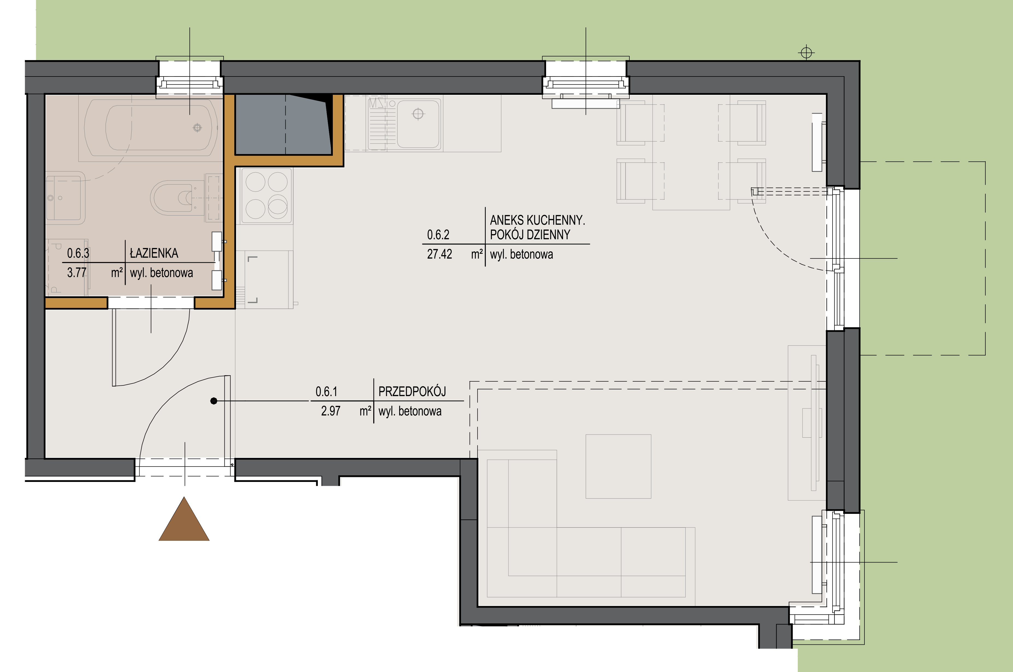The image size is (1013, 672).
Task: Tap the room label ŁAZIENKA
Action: click(154, 253)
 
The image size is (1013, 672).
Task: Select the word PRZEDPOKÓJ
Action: click(412, 391)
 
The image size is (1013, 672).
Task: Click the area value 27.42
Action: click(439, 254)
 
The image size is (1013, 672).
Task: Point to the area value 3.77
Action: click(77, 273)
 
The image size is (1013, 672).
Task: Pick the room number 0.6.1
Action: click(326, 391)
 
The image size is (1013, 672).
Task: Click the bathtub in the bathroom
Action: click(151, 128)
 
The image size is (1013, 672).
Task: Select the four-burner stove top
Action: click(266, 196)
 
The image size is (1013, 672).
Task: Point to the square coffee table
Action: click(618, 466)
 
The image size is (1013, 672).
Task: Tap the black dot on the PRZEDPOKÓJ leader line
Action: click(214, 401)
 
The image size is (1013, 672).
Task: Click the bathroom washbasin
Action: click(65, 198)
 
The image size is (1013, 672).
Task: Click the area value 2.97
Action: click(331, 411)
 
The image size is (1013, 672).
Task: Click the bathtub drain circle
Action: click(197, 127)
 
